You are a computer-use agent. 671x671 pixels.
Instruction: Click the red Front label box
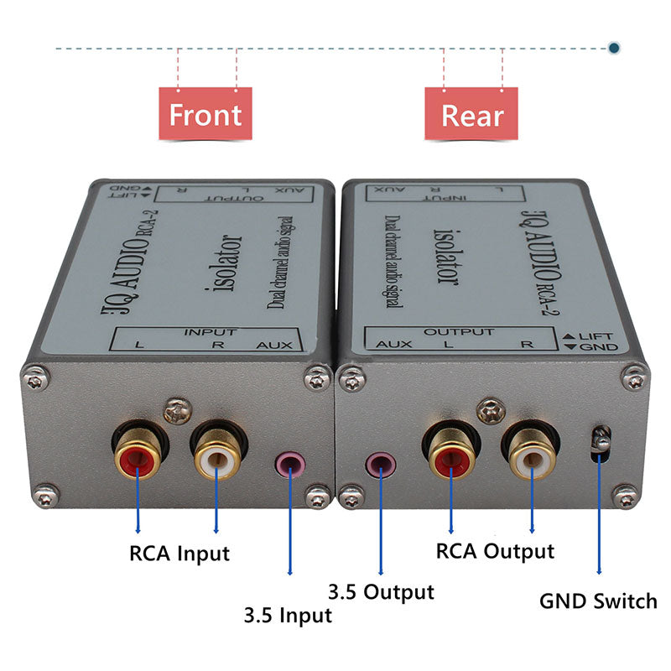(x=205, y=115)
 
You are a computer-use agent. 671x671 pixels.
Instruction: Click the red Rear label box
(x=472, y=115)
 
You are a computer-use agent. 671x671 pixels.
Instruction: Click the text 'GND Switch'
(x=598, y=601)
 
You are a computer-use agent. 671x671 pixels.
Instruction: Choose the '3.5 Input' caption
(x=288, y=615)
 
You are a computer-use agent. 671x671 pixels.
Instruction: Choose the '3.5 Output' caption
(x=382, y=592)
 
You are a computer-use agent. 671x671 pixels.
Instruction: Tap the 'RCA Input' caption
(x=179, y=554)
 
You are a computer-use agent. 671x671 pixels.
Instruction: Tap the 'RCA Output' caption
(x=495, y=551)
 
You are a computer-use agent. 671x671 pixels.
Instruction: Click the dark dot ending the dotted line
(x=614, y=49)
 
